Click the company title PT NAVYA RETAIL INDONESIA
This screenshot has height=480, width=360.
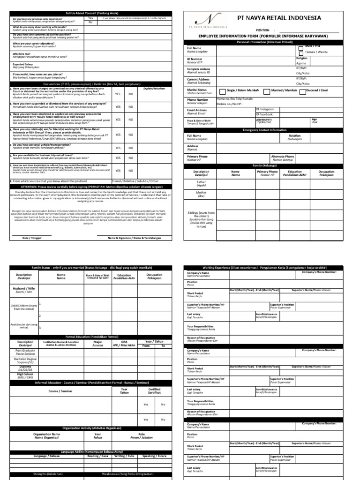279,17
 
